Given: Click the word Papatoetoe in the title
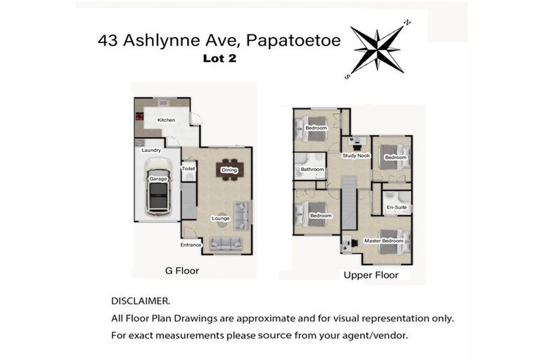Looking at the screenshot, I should click(290, 41).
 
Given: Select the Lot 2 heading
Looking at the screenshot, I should click(219, 59).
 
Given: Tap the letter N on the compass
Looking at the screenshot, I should click(407, 23).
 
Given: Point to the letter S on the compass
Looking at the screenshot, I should click(347, 75).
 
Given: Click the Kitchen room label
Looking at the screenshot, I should click(166, 120).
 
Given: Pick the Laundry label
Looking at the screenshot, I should click(151, 150).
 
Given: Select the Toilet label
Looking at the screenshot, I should click(188, 169).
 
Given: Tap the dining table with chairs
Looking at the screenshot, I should click(229, 169).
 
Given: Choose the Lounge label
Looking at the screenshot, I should click(221, 218).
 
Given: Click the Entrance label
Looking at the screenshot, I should click(191, 245).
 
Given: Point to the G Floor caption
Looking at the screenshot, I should click(181, 271).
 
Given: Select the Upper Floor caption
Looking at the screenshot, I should click(371, 275).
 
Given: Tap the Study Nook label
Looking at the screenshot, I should click(356, 155).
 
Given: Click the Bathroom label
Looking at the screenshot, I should click(312, 169).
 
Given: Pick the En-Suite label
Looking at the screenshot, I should click(397, 207).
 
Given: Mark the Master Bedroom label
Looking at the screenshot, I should click(384, 241).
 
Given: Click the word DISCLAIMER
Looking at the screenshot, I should click(140, 300).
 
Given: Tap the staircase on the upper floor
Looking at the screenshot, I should click(349, 204).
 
